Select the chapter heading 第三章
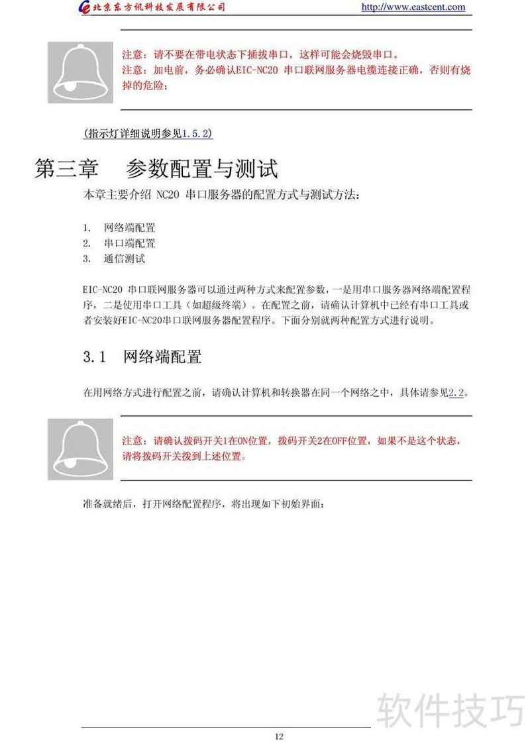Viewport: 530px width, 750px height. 66,169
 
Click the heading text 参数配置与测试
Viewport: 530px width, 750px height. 201,169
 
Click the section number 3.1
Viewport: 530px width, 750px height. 95,357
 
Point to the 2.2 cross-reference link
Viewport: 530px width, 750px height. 456,393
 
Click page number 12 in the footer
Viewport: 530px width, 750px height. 279,737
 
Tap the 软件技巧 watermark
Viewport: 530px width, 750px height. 450,710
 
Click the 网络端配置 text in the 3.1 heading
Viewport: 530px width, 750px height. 162,357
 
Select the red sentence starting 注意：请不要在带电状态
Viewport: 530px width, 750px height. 261,54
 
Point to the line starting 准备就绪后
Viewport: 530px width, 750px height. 203,505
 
